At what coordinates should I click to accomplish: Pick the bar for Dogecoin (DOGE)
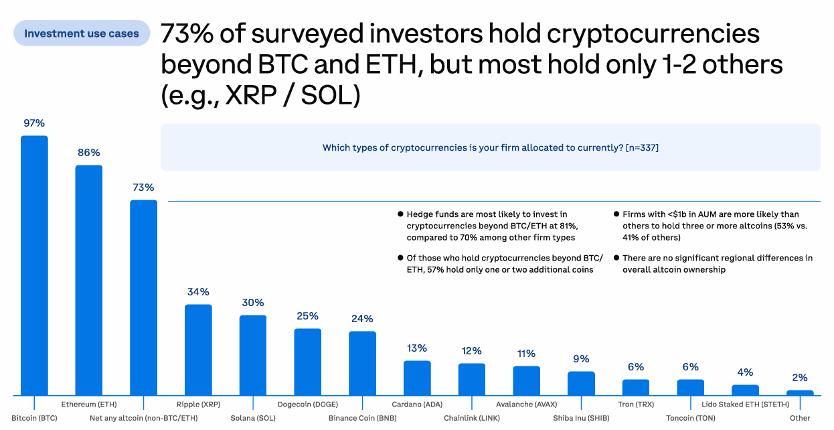pyautogui.click(x=307, y=362)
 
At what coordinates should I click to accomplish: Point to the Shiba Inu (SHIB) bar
pyautogui.click(x=581, y=383)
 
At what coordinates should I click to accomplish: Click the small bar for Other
pyautogui.click(x=800, y=392)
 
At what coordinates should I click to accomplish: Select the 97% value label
pyautogui.click(x=34, y=123)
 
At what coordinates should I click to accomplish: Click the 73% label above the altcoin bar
pyautogui.click(x=143, y=188)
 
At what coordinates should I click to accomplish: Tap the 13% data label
pyautogui.click(x=417, y=348)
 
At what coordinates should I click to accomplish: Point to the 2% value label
pyautogui.click(x=800, y=378)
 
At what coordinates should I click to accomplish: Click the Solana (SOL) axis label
pyautogui.click(x=253, y=419)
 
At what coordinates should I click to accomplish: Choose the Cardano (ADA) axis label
pyautogui.click(x=417, y=405)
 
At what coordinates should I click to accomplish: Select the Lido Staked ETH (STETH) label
pyautogui.click(x=745, y=405)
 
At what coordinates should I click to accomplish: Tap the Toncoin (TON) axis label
pyautogui.click(x=691, y=419)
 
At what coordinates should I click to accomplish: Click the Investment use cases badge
pyautogui.click(x=82, y=33)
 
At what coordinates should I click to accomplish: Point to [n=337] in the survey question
pyautogui.click(x=642, y=147)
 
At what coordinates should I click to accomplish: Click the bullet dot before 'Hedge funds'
pyautogui.click(x=400, y=214)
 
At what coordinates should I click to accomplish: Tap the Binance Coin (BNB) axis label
pyautogui.click(x=362, y=419)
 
